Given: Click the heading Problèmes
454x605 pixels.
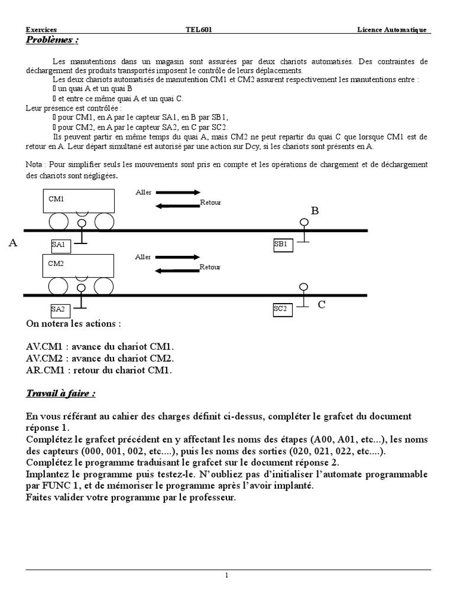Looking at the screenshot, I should click(x=52, y=40).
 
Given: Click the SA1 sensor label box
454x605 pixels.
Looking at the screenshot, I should click(x=61, y=244).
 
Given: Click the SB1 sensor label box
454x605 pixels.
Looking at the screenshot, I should click(x=283, y=244).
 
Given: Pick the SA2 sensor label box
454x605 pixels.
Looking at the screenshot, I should click(x=61, y=308).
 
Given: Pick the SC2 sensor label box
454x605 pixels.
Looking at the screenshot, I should click(x=283, y=308).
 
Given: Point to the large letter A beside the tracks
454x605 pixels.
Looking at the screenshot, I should click(x=13, y=242).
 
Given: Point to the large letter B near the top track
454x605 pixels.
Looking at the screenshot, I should click(x=314, y=211).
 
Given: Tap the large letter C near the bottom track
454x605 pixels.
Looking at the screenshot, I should click(x=322, y=304).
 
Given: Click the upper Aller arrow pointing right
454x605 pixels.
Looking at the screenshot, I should click(x=179, y=192).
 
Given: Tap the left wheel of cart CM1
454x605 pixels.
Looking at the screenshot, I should click(x=59, y=222).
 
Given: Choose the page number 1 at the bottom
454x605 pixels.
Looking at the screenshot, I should click(x=227, y=576).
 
